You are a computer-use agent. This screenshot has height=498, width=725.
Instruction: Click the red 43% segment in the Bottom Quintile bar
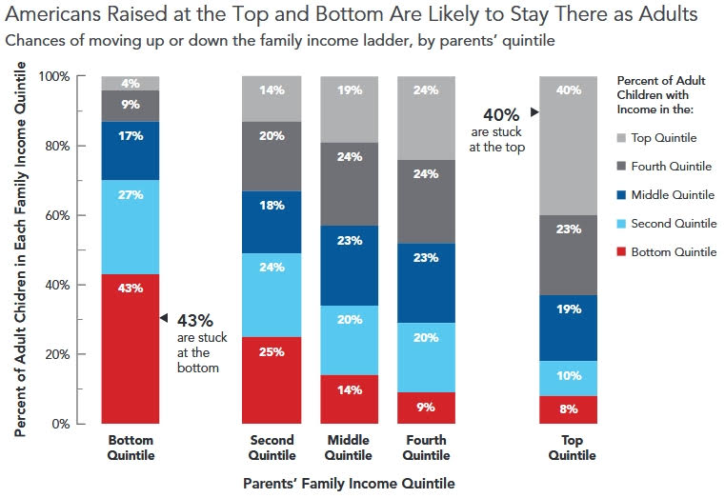tap(131, 349)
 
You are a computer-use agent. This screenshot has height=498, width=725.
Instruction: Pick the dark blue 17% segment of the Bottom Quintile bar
tap(131, 149)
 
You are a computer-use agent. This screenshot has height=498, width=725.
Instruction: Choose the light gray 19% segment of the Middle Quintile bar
tap(348, 109)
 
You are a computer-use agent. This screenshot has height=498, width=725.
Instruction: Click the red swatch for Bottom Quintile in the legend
tap(623, 252)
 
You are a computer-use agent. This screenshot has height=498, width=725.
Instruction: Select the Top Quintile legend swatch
tap(623, 138)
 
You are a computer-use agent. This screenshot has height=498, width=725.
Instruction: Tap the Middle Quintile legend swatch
tap(623, 195)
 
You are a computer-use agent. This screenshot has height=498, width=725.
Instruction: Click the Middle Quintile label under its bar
tap(348, 448)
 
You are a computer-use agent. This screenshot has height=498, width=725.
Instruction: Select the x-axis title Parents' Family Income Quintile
tap(348, 484)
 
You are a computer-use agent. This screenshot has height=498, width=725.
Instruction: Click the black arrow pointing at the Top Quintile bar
tap(534, 112)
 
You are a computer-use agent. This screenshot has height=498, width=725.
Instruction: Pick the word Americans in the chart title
tap(51, 15)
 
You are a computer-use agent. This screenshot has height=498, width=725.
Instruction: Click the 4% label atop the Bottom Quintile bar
tap(131, 83)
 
